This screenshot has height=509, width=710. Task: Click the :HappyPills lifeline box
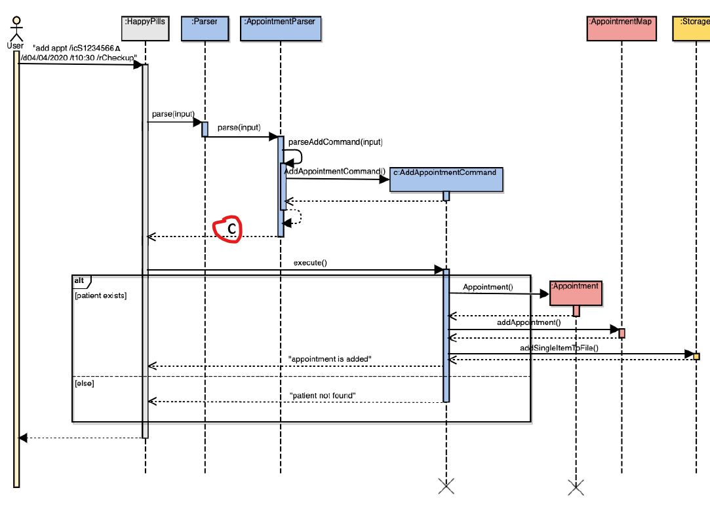point(145,29)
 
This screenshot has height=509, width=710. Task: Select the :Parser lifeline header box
point(205,29)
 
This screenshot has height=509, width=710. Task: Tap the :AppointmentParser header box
point(280,29)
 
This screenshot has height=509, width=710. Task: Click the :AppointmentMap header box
point(621,29)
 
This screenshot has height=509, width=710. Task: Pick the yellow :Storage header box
point(692,29)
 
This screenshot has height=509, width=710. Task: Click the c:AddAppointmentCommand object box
point(446,179)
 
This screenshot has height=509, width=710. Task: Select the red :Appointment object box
point(575,293)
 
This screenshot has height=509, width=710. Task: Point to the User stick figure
point(15,29)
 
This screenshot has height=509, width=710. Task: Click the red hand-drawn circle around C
point(228,229)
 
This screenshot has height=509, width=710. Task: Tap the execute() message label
point(310,263)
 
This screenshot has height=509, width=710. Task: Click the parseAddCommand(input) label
point(335,141)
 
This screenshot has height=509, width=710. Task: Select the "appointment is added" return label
point(330,359)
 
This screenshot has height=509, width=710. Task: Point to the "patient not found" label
point(323,395)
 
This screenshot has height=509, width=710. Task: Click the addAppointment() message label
point(529,322)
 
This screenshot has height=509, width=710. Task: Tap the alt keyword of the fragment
point(79,280)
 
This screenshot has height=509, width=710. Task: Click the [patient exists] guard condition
point(101,295)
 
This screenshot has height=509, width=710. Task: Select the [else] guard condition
point(85,383)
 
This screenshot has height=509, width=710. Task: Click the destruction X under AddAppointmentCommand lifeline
point(446,485)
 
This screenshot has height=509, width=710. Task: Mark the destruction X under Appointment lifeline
point(576,487)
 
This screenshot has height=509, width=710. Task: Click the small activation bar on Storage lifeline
point(696,356)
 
